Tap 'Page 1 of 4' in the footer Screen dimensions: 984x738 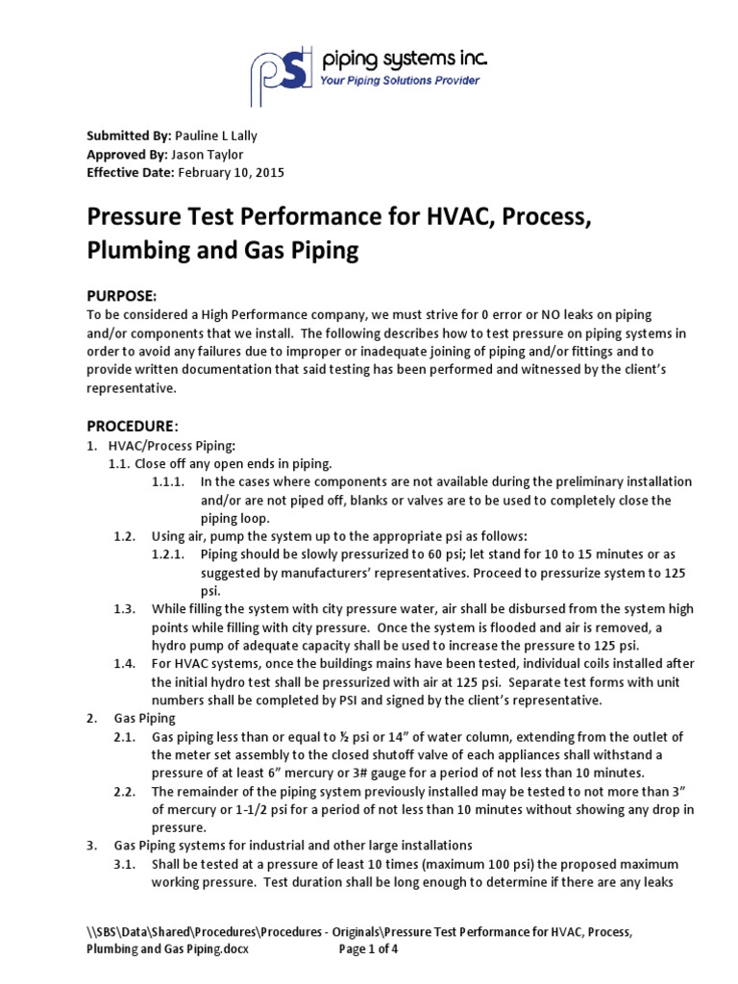376,950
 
